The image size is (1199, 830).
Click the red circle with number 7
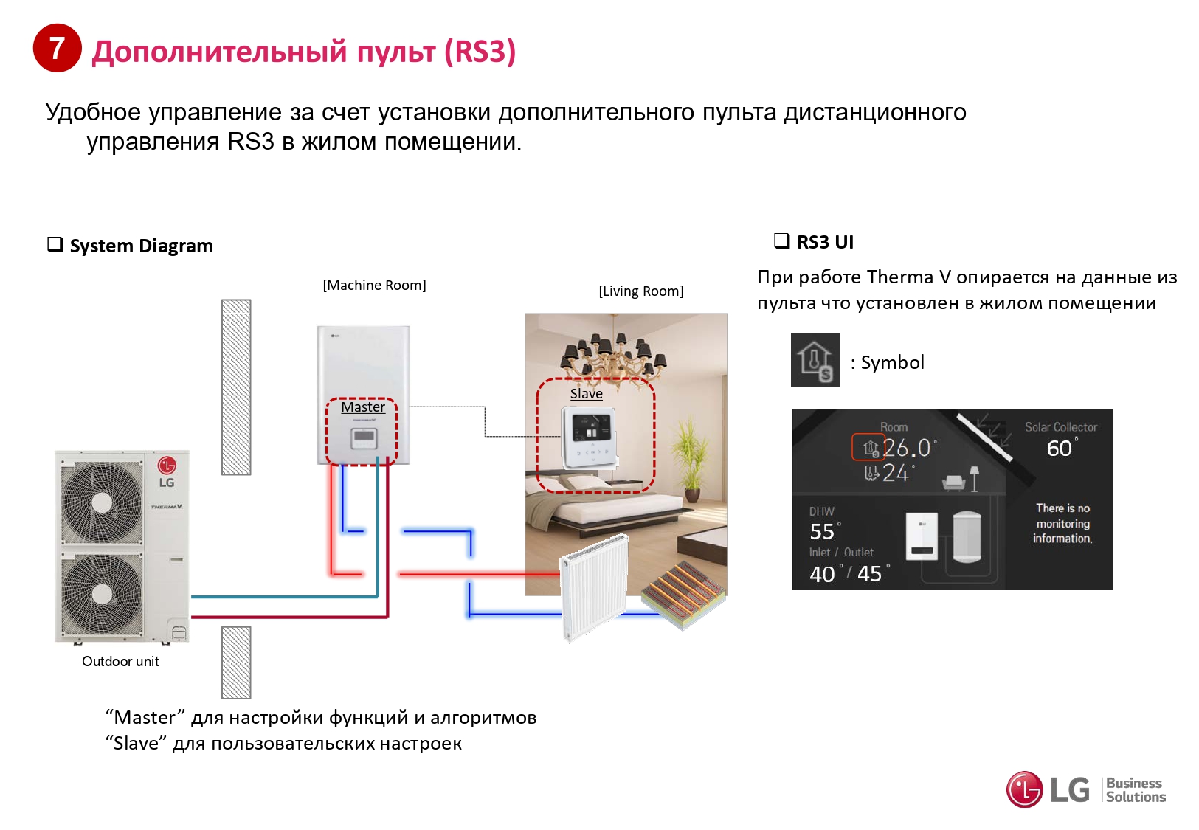tap(57, 48)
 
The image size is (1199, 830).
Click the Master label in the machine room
tap(363, 407)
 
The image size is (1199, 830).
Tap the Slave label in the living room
tap(587, 393)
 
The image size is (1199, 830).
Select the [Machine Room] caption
tap(374, 286)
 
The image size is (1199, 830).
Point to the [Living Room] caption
tap(640, 291)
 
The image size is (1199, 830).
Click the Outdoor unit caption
tap(120, 661)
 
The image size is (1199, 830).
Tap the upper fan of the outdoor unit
tap(102, 502)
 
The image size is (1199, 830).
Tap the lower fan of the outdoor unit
tap(102, 593)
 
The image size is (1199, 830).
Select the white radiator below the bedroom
tap(595, 587)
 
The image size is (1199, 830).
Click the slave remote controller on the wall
tap(588, 438)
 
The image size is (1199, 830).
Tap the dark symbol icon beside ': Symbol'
tap(815, 360)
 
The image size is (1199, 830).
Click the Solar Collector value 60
tap(1059, 449)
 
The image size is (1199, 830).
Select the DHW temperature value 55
tap(822, 532)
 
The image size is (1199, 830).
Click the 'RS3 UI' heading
tap(825, 242)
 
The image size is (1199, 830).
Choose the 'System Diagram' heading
tap(141, 246)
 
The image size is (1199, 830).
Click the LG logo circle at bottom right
tap(1024, 789)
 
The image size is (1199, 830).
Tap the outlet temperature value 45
tap(869, 574)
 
